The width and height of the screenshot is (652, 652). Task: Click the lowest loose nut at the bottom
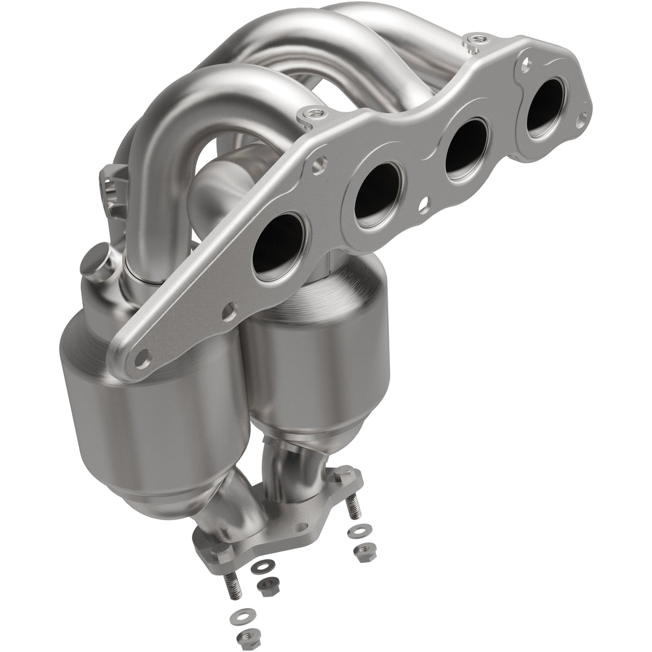click(x=244, y=637)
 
